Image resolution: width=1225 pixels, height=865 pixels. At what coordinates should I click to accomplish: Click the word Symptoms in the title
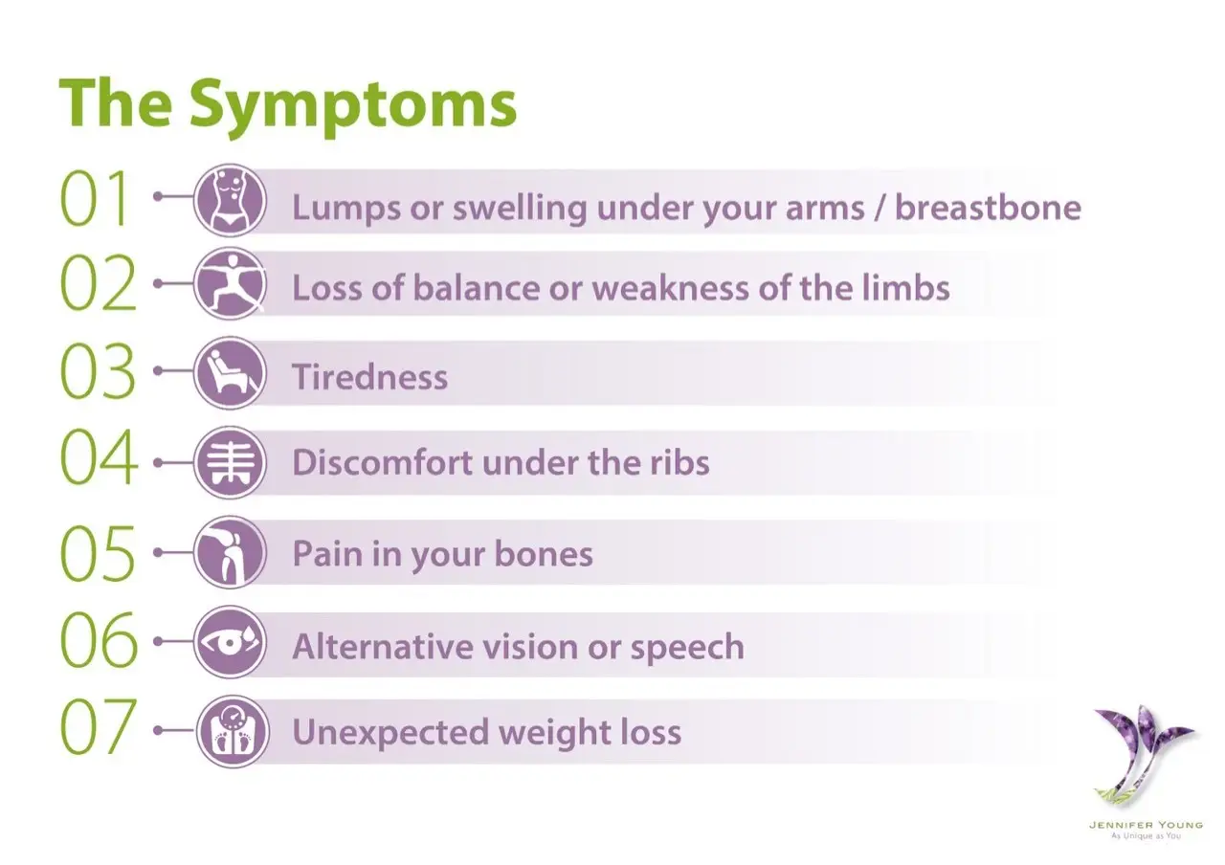coord(353,105)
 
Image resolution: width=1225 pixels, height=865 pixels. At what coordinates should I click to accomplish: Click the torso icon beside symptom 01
coord(230,200)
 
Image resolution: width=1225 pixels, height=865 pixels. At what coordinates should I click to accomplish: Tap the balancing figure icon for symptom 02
coord(230,284)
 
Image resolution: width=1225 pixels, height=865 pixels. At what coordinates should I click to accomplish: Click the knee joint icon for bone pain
coord(230,552)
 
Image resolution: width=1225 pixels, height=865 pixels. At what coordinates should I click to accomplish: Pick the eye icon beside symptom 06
coord(230,642)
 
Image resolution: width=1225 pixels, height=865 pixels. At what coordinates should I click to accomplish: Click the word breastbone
coord(987,208)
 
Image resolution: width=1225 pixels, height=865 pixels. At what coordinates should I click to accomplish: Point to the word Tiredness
coord(369,377)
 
